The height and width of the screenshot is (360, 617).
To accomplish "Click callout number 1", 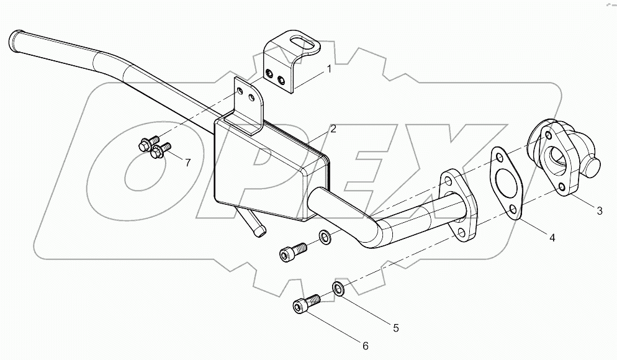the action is tap(329, 69).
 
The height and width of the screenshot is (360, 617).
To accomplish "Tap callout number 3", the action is tap(600, 211).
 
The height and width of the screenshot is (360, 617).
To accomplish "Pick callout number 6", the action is tap(366, 345).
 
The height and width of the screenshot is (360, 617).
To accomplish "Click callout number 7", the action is tap(187, 163).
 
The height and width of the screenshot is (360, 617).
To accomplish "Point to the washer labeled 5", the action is tap(339, 288).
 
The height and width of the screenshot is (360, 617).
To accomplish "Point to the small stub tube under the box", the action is tap(256, 223).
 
